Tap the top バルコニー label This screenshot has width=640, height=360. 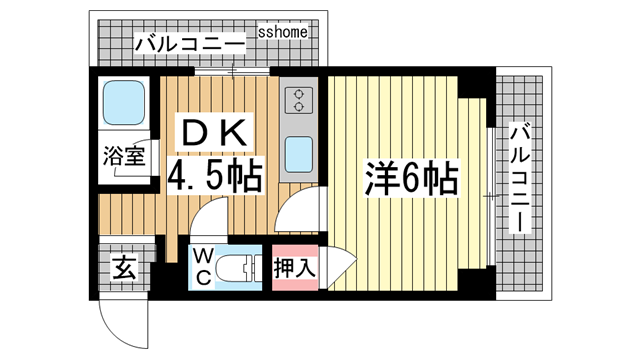coord(190,44)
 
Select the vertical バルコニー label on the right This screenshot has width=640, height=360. coord(520,179)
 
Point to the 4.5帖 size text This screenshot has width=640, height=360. coord(214,176)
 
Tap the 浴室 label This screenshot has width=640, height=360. coord(123,156)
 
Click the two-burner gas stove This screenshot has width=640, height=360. coord(298,100)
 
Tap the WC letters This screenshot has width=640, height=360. coord(201,265)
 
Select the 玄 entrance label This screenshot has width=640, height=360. coord(123,267)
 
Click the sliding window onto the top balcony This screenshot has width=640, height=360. coord(232,71)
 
